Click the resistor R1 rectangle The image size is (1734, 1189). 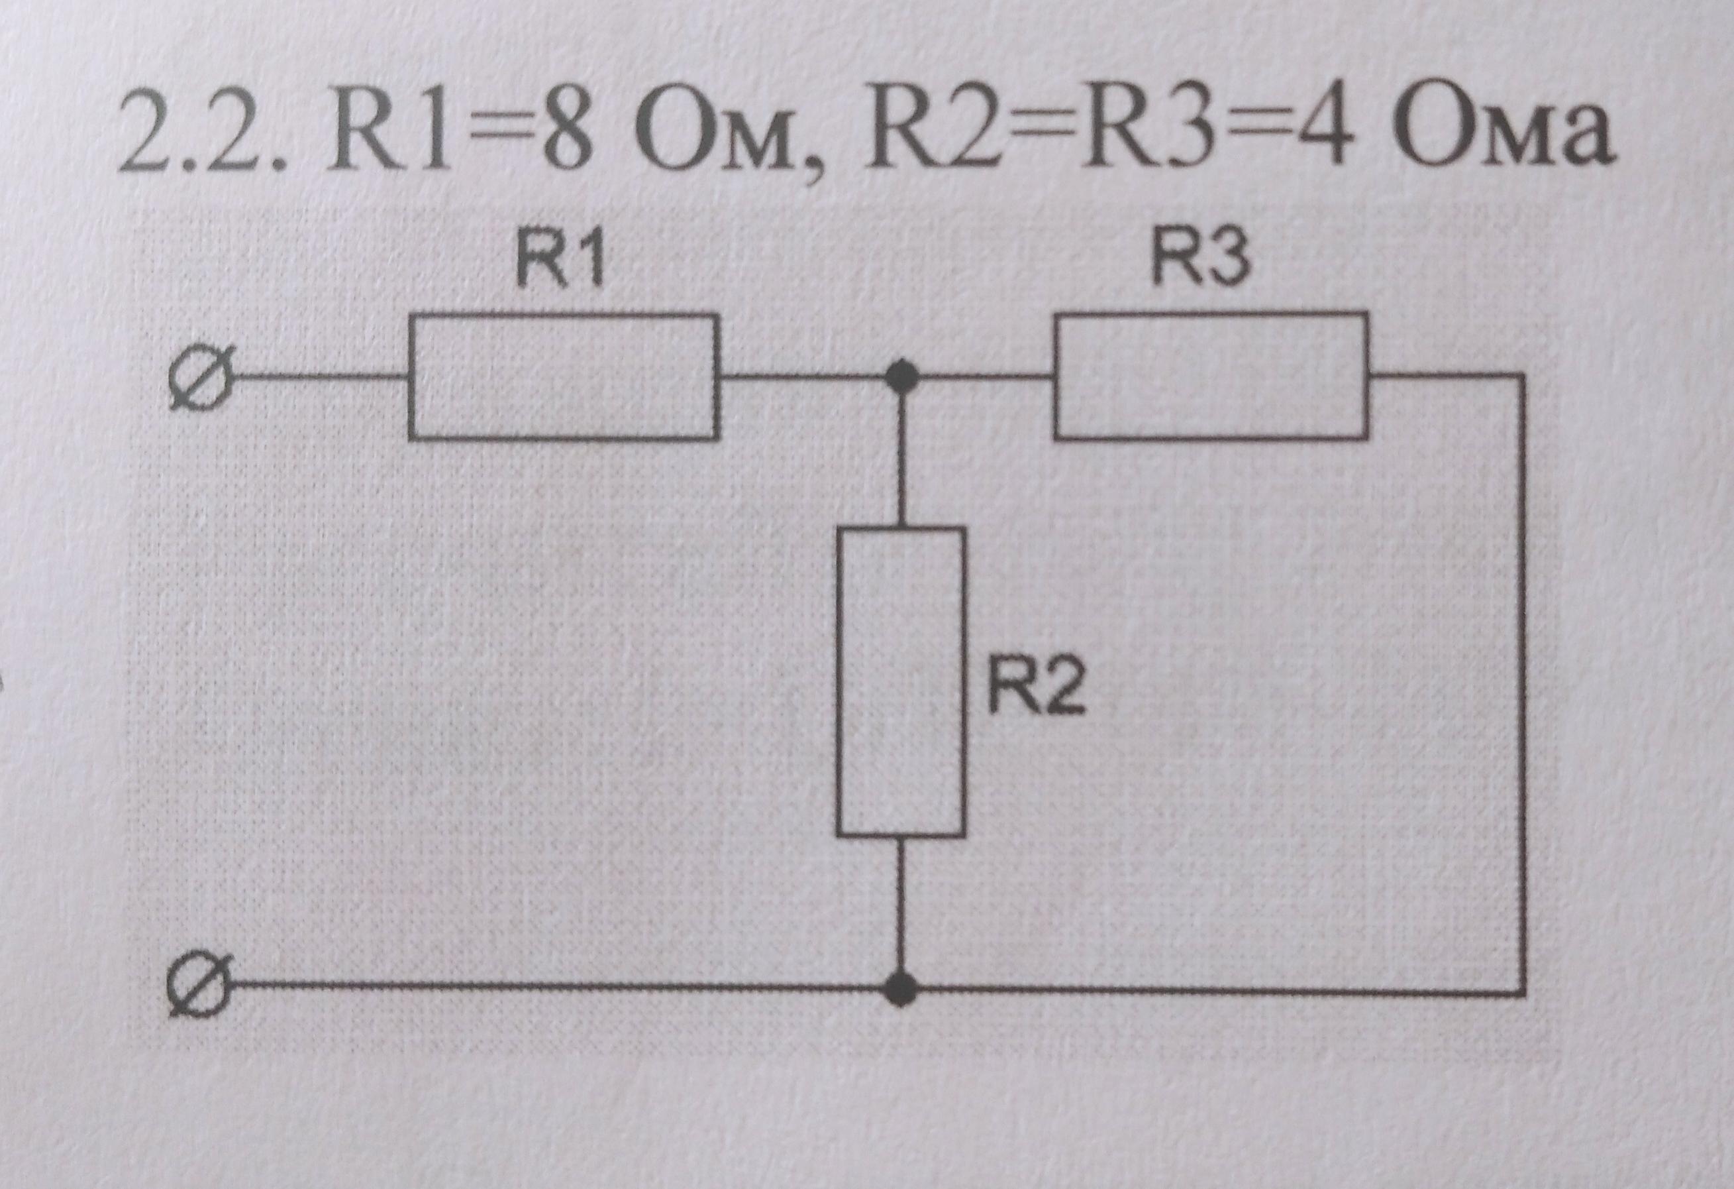click(x=564, y=377)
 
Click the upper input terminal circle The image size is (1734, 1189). click(x=200, y=378)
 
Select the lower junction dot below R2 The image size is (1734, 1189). click(x=901, y=988)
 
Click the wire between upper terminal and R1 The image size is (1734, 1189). click(x=321, y=378)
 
